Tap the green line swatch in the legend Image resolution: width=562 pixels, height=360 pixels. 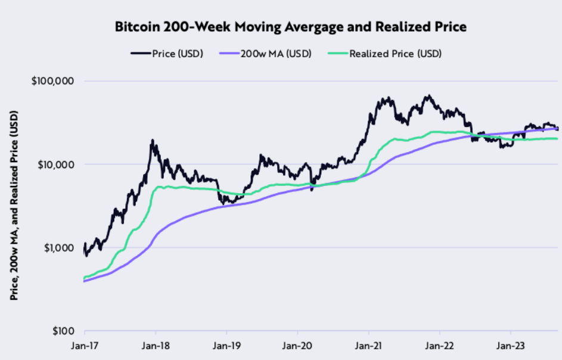[x=337, y=54]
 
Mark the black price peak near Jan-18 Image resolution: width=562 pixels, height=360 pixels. [x=153, y=141]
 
